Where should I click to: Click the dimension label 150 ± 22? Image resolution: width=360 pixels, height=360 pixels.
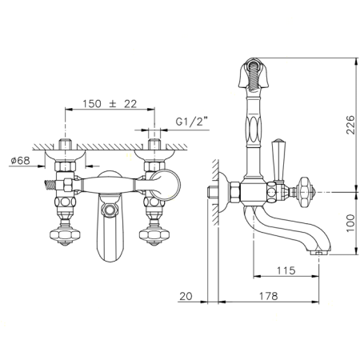point(110,104)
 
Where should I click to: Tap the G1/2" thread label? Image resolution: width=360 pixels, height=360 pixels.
point(192,122)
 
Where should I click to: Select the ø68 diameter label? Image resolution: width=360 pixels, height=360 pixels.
point(20,161)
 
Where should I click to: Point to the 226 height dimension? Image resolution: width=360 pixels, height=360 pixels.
point(350,125)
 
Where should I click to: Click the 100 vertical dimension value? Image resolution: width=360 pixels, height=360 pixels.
point(350,223)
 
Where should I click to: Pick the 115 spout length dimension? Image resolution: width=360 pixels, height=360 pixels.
point(286,270)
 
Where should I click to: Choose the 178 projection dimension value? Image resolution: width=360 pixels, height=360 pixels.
point(268,296)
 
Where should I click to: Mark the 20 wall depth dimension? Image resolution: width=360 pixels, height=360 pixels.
point(186,296)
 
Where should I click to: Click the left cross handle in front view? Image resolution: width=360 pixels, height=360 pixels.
point(65,235)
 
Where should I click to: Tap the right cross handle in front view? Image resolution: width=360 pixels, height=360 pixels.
point(154,235)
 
